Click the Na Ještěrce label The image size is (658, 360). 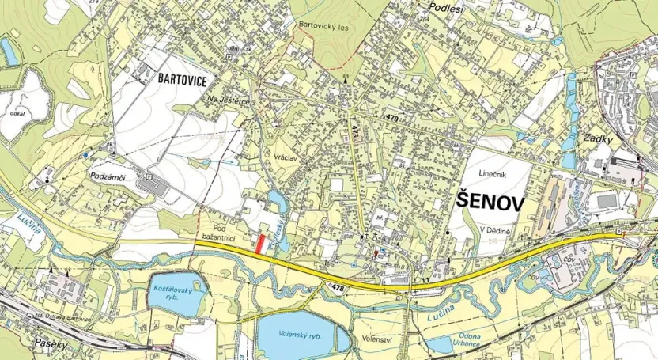click(229, 100)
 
